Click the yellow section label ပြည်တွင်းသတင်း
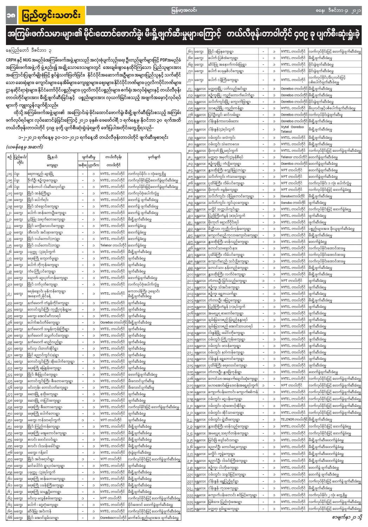tap(51, 15)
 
